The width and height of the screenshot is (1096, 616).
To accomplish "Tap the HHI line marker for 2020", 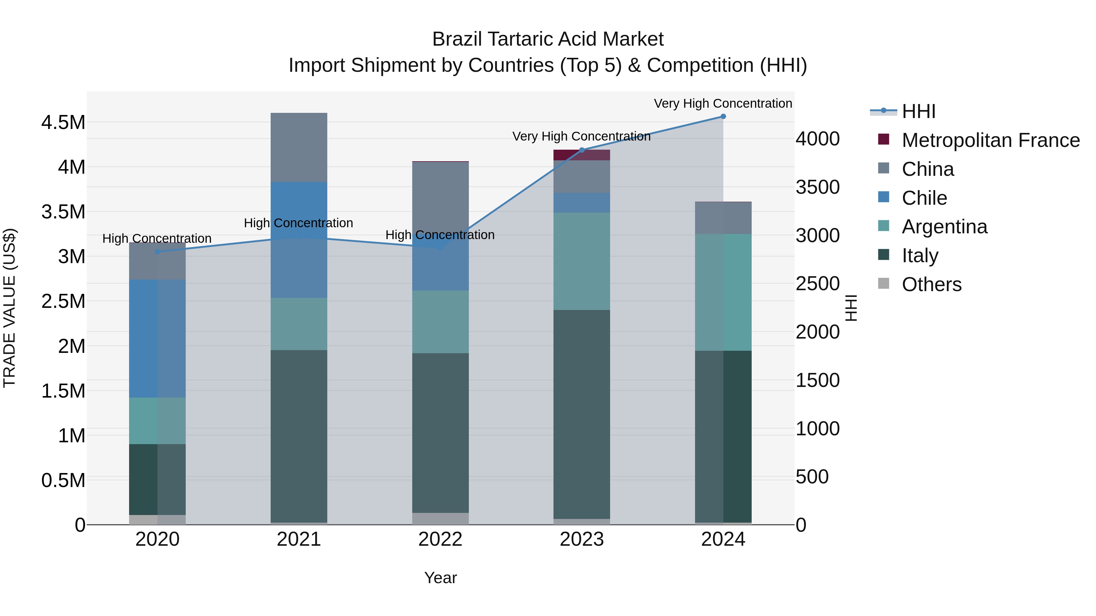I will click(x=157, y=252).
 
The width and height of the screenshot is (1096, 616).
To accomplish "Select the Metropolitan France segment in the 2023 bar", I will click(x=581, y=155).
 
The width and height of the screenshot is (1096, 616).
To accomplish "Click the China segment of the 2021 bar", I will click(x=299, y=148).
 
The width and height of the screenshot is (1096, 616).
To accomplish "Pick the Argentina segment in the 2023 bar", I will click(x=581, y=261).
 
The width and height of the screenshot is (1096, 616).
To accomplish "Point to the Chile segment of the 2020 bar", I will click(x=157, y=338).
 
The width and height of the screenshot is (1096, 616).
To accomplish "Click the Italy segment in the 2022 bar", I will click(x=440, y=433).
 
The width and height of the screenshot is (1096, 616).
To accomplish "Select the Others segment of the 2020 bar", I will click(x=157, y=520).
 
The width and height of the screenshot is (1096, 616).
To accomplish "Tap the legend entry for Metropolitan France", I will click(x=990, y=140).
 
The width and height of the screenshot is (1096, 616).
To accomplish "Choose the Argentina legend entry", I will click(x=944, y=227).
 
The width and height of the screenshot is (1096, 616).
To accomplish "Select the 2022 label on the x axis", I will click(x=440, y=539).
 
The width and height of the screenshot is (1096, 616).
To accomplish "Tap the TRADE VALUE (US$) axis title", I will click(x=9, y=308).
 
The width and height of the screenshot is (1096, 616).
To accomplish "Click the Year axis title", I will click(x=440, y=578).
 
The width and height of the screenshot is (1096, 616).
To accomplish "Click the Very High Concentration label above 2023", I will click(x=581, y=137).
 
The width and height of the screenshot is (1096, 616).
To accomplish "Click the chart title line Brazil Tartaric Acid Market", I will click(x=548, y=39).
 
